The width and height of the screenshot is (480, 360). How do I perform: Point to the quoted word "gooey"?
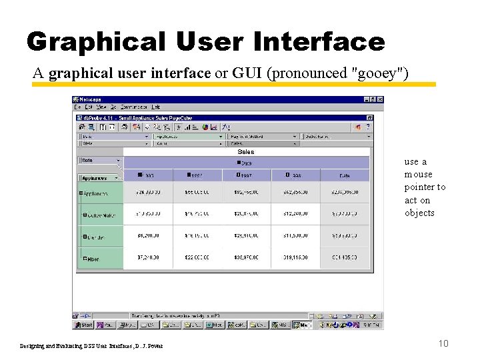(x=379, y=73)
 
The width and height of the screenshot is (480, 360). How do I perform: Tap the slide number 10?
(x=443, y=343)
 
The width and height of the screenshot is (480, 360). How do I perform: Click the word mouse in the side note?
(x=418, y=175)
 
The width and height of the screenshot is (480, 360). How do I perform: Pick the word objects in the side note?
(x=419, y=213)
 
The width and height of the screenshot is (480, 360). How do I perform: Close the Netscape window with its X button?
(x=379, y=99)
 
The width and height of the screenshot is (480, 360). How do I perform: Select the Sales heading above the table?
(x=245, y=152)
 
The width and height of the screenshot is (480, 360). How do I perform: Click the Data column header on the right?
(x=344, y=175)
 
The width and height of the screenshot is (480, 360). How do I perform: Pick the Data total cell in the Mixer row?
(x=344, y=259)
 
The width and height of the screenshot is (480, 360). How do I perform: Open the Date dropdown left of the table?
(x=100, y=160)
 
